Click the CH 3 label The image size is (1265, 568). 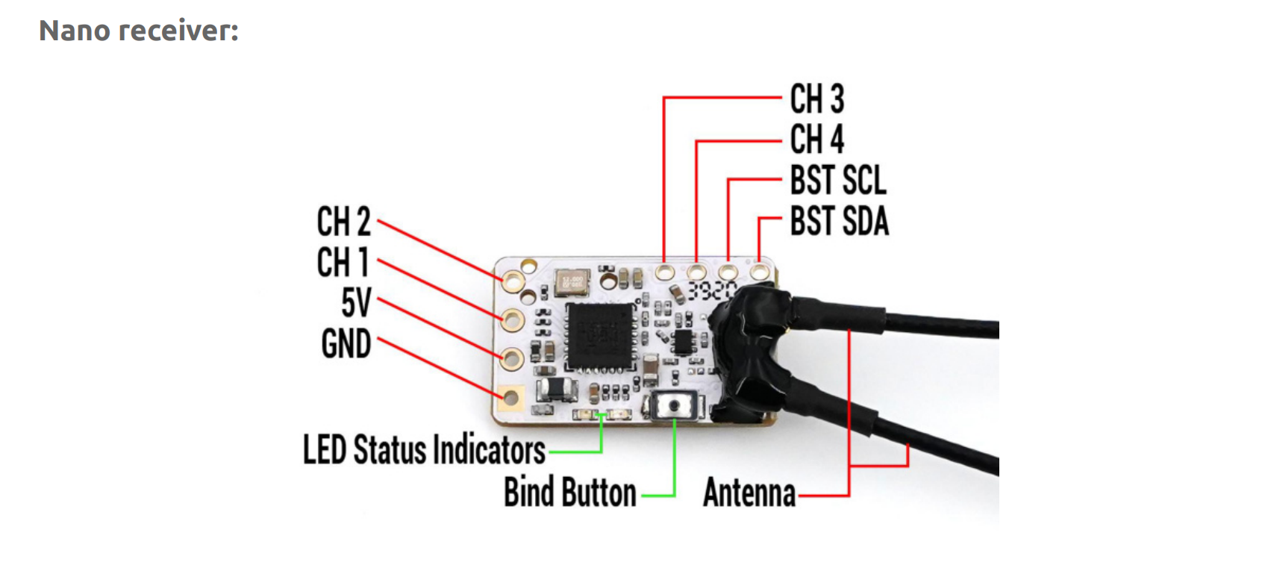(816, 99)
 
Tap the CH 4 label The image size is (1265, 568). (816, 139)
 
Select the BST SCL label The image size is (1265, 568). (838, 180)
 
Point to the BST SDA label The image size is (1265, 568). (839, 221)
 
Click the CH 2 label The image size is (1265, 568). (343, 222)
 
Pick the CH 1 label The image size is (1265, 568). (343, 262)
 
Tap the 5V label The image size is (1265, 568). (356, 303)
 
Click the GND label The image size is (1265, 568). (346, 344)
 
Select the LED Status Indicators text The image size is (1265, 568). (424, 450)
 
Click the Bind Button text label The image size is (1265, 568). (570, 493)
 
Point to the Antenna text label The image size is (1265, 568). (749, 493)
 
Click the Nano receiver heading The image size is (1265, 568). (139, 31)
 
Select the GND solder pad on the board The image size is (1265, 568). (511, 398)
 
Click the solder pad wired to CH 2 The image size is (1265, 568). (513, 281)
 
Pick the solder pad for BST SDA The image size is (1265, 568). (760, 271)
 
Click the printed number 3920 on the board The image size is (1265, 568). (712, 290)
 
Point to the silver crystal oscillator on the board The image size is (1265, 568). (572, 283)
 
